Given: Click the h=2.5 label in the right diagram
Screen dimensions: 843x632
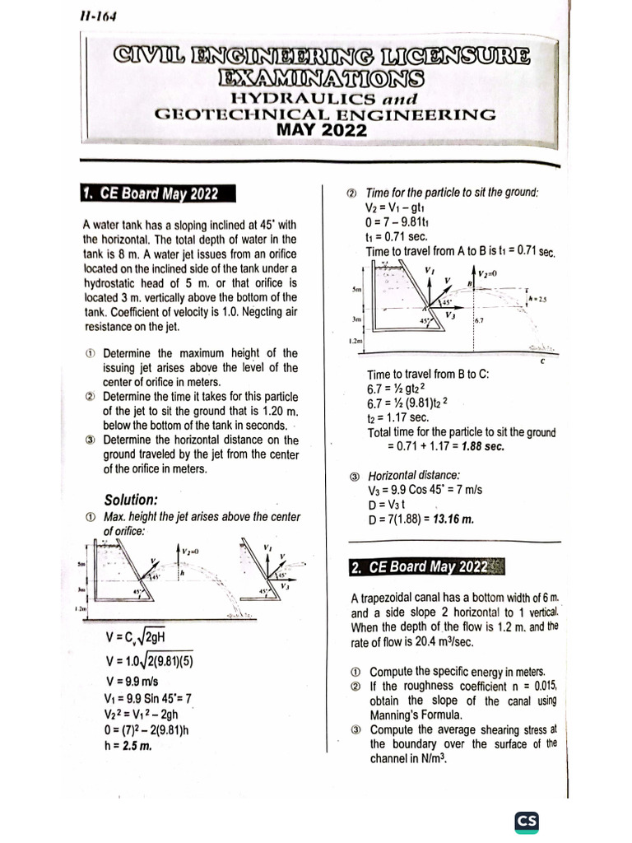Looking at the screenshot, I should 538,300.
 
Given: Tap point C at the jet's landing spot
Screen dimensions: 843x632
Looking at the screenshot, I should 542,361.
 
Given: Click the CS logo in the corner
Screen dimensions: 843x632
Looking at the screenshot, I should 526,822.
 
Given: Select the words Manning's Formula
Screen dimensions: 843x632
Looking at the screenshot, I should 407,715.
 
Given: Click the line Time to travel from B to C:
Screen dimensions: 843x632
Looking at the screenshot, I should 428,374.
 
